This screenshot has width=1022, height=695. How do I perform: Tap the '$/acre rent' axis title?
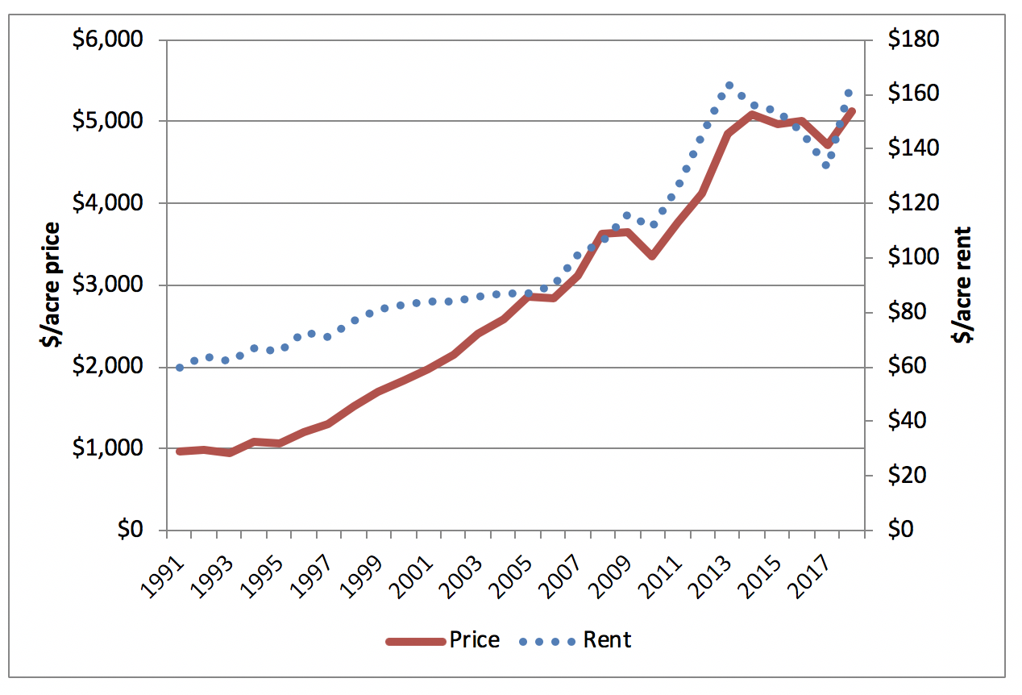pyautogui.click(x=962, y=285)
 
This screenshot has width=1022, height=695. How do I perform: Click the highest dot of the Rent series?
pyautogui.click(x=729, y=85)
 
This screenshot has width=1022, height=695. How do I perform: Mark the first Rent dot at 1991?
pyautogui.click(x=180, y=368)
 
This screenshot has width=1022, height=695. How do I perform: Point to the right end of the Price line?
pyautogui.click(x=852, y=111)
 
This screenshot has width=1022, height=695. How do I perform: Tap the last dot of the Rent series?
pyautogui.click(x=848, y=93)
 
